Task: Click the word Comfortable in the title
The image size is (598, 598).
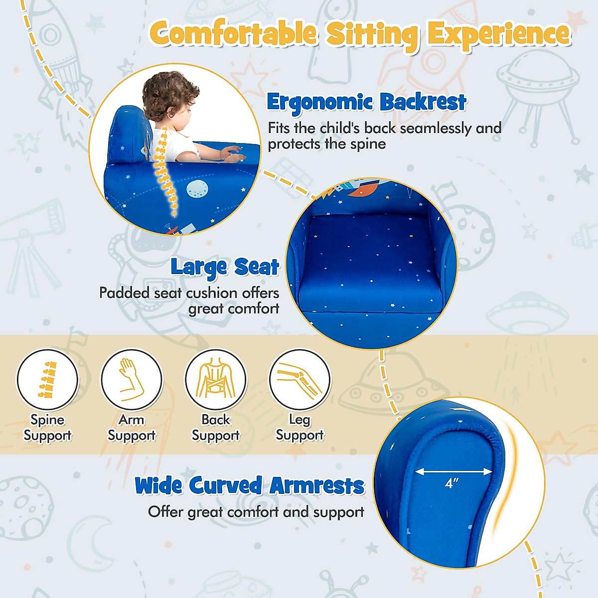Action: click(233, 34)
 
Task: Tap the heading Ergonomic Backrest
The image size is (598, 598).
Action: click(366, 102)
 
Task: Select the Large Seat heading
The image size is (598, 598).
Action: click(225, 267)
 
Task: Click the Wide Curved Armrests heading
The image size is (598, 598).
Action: click(250, 485)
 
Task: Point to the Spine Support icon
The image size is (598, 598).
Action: click(48, 380)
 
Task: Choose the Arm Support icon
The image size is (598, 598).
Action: click(132, 380)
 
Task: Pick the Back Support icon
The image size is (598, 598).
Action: click(216, 380)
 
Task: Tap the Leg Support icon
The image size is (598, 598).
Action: click(299, 380)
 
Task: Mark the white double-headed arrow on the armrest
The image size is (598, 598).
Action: click(453, 471)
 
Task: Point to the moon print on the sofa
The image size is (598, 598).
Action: click(197, 189)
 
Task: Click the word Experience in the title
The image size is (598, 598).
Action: click(498, 34)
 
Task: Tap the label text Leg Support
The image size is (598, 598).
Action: click(299, 428)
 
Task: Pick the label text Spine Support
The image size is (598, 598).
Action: click(48, 428)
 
